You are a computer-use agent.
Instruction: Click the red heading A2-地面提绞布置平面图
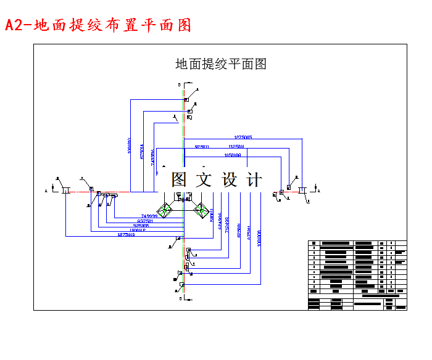(x=98, y=25)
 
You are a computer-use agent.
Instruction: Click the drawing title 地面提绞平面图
(x=220, y=63)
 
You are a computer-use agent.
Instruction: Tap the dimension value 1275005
(x=243, y=137)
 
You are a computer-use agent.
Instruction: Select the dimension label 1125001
(x=236, y=147)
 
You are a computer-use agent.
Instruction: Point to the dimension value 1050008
(x=233, y=156)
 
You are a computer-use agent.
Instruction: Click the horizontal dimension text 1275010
(x=126, y=235)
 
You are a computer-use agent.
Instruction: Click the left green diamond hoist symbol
(x=165, y=210)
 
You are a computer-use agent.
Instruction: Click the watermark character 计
(x=254, y=179)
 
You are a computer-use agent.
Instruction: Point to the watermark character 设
(x=229, y=179)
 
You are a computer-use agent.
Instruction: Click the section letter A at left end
(x=46, y=192)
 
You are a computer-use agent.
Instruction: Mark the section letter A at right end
(x=319, y=191)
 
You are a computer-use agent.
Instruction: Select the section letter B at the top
(x=179, y=84)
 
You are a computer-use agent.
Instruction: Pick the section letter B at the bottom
(x=179, y=298)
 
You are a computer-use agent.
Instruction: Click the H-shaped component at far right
(x=302, y=191)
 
